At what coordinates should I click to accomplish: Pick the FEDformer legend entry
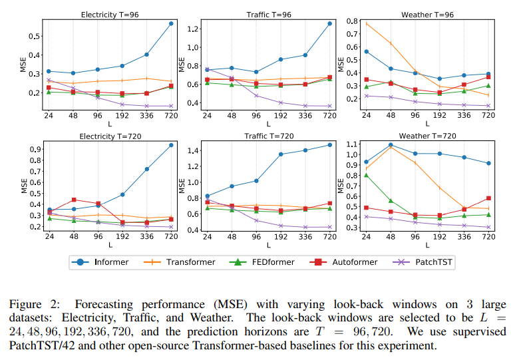point(265,262)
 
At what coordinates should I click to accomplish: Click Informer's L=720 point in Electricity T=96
point(170,24)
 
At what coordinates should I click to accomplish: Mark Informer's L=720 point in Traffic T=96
point(329,24)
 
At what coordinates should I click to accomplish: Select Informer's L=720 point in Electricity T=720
point(170,144)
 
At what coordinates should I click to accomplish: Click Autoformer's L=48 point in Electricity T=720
point(73,200)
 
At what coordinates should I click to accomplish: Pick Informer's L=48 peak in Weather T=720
point(391,144)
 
